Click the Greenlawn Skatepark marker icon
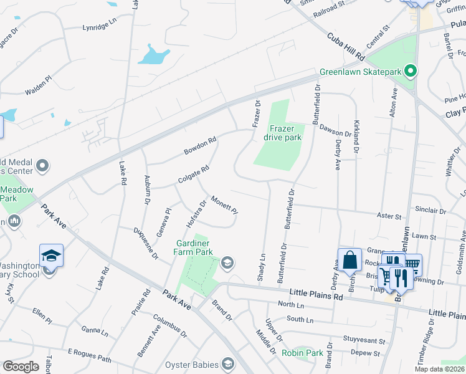pyautogui.click(x=410, y=72)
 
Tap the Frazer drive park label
pyautogui.click(x=282, y=132)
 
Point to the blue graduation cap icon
pyautogui.click(x=51, y=255)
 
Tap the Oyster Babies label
pyautogui.click(x=190, y=364)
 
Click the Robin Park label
pyautogui.click(x=302, y=353)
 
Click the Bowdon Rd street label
pyautogui.click(x=199, y=146)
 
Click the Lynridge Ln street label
pyautogui.click(x=100, y=28)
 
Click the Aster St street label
pyautogui.click(x=389, y=216)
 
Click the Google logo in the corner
pyautogui.click(x=21, y=367)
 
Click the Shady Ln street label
pyautogui.click(x=262, y=265)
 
